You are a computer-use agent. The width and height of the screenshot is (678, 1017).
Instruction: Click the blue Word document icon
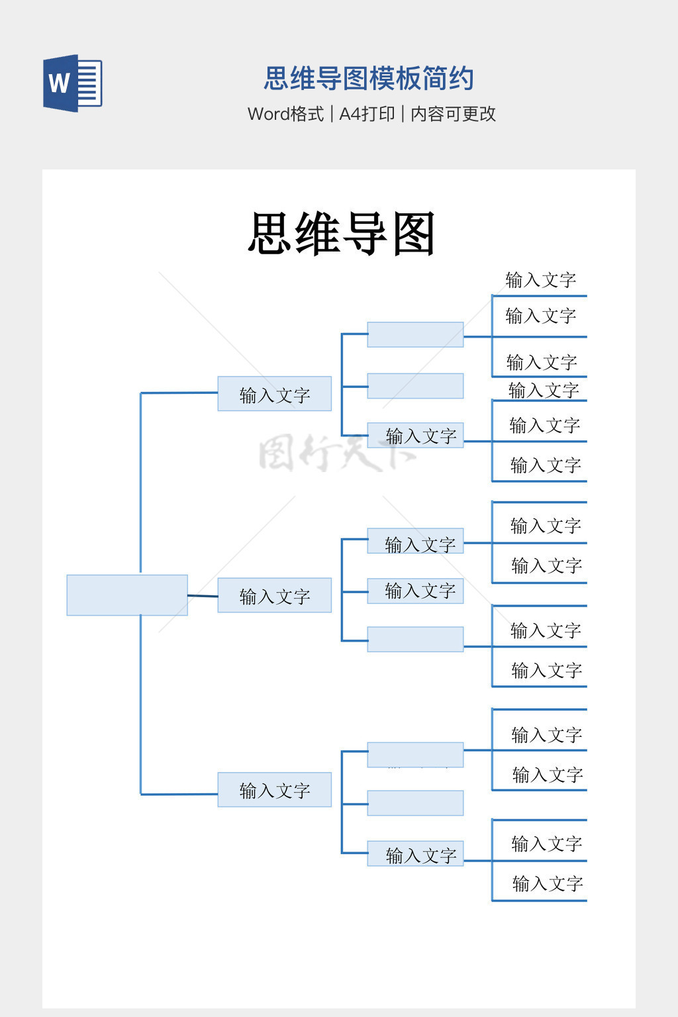[73, 83]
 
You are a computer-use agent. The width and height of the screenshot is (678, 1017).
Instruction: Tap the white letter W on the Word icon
[58, 83]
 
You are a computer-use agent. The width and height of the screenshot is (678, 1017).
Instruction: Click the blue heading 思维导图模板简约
[368, 78]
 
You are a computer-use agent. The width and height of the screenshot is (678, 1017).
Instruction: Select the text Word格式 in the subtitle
[285, 114]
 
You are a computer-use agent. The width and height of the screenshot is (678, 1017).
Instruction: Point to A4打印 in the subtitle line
[367, 114]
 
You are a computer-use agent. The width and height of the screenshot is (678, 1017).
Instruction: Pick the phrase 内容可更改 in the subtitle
[453, 114]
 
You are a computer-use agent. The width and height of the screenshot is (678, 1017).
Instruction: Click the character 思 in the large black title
[271, 234]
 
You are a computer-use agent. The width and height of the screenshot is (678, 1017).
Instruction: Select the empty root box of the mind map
[127, 595]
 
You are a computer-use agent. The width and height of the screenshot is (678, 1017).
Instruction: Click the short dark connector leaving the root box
[203, 596]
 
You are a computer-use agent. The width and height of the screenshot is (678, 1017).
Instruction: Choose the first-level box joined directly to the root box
[274, 595]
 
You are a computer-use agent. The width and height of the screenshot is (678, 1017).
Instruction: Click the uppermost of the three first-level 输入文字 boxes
[274, 394]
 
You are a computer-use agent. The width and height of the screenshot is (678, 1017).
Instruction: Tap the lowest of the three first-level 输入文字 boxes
[274, 789]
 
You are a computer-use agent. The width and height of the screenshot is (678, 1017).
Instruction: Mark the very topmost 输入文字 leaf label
[540, 280]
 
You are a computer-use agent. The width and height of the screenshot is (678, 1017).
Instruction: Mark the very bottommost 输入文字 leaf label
[547, 883]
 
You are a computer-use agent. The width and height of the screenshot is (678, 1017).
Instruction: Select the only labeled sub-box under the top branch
[416, 435]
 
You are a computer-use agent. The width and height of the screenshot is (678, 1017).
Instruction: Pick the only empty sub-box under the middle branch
[415, 640]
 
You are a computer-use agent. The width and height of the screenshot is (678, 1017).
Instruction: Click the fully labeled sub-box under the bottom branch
[416, 854]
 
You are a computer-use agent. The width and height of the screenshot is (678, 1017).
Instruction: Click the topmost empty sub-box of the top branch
[415, 334]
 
